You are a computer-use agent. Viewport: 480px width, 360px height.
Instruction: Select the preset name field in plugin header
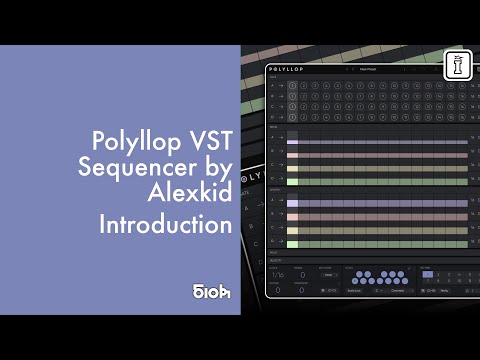368,69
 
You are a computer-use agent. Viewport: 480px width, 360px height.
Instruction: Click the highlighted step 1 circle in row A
292,87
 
